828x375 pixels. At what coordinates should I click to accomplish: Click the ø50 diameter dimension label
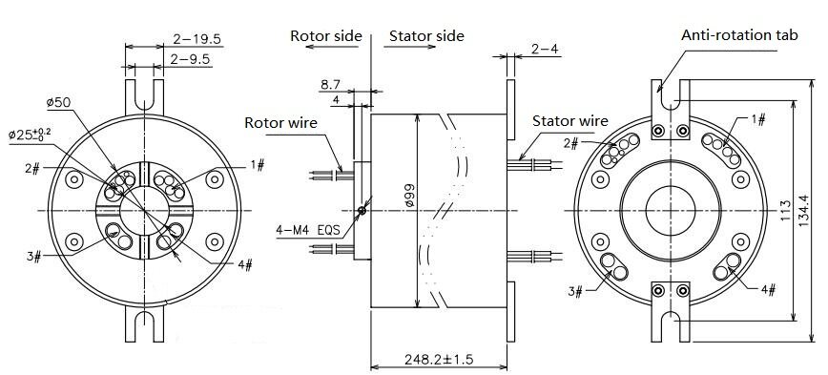tap(58, 102)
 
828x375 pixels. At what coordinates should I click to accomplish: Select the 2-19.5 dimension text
tap(197, 39)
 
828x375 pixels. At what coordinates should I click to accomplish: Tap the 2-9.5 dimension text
tap(190, 59)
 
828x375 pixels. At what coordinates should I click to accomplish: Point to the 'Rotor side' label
tap(326, 36)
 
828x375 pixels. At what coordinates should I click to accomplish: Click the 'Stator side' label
tap(426, 36)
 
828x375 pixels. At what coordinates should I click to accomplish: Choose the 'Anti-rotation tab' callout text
tap(739, 35)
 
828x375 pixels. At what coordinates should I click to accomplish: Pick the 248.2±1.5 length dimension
tap(439, 360)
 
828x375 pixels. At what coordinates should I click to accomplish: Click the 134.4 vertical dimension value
tap(803, 211)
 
